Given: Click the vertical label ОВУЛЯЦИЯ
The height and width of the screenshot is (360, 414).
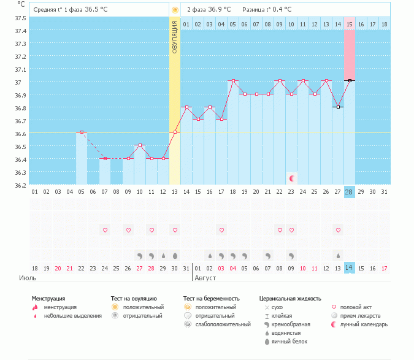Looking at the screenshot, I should (x=175, y=37).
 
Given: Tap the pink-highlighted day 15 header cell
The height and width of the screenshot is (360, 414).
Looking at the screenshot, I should (x=350, y=24).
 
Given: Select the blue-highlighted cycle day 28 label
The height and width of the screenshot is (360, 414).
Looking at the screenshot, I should (x=350, y=193).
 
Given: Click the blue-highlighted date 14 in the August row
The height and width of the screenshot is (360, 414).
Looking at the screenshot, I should (x=350, y=268).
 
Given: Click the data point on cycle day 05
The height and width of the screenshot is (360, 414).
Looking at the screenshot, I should (x=82, y=132).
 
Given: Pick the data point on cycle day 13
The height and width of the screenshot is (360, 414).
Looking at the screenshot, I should (x=175, y=132).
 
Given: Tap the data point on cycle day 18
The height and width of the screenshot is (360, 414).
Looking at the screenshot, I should (x=233, y=81).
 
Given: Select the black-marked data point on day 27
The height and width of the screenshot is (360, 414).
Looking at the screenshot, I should (x=338, y=107).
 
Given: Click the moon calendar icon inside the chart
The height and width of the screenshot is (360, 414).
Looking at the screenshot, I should (x=292, y=178).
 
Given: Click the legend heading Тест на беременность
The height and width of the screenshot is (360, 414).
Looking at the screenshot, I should (x=211, y=299).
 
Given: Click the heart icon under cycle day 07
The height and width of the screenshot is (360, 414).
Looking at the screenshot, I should (x=105, y=230).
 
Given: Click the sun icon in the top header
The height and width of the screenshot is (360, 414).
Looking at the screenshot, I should (x=175, y=10).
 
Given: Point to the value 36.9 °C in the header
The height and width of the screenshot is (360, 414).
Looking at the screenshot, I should (x=220, y=10).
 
